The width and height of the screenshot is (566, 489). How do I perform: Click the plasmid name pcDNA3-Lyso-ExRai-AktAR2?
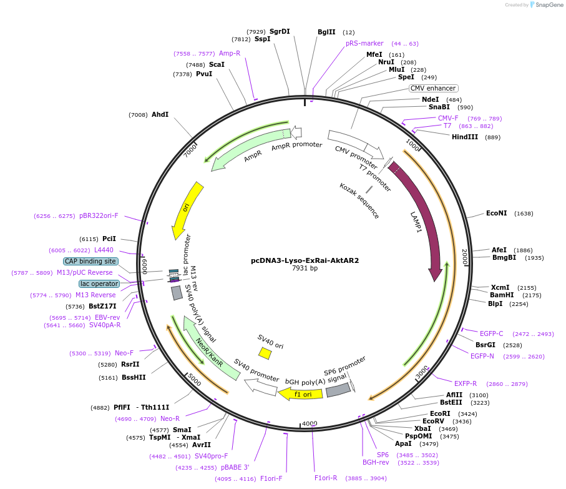(305, 260)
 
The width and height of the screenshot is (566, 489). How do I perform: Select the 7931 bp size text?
(305, 269)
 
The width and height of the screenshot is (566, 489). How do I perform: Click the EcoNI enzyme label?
(497, 214)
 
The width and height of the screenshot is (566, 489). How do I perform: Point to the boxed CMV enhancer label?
(433, 88)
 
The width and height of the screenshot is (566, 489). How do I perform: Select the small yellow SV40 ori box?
(265, 353)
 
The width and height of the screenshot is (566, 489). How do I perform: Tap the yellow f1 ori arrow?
(301, 394)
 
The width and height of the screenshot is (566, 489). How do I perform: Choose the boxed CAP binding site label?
(90, 261)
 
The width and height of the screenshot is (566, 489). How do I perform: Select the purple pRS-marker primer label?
(364, 44)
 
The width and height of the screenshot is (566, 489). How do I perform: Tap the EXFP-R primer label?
(466, 383)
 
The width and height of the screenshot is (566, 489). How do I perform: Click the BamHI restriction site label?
(502, 295)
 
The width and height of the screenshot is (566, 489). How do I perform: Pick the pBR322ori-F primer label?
(99, 216)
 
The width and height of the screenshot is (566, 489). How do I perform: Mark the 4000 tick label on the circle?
(310, 424)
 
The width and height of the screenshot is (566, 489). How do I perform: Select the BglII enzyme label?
(326, 32)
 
